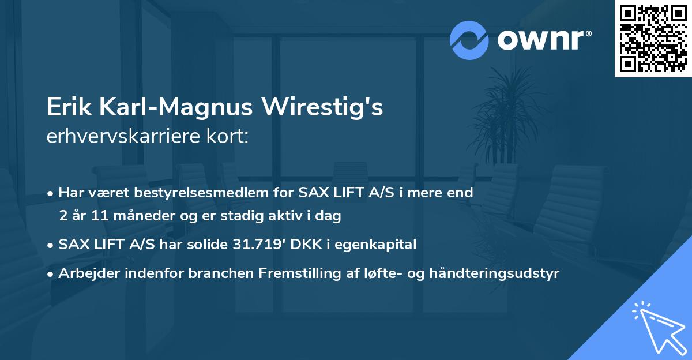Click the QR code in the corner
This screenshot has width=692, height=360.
[x=653, y=39]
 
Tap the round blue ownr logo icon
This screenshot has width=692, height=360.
[x=469, y=40]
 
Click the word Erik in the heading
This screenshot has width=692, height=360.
[x=67, y=107]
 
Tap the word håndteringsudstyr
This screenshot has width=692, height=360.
[x=497, y=273]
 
